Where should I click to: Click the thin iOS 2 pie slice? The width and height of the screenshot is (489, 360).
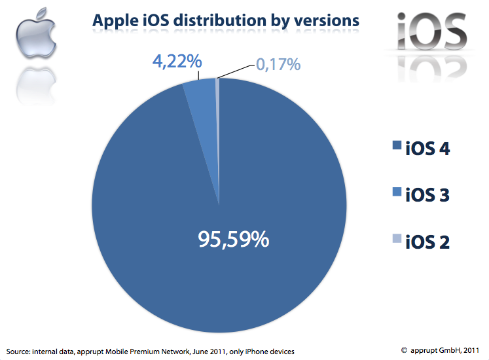pyautogui.click(x=217, y=98)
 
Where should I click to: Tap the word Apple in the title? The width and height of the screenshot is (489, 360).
pyautogui.click(x=115, y=21)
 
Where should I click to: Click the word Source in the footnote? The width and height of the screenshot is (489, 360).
pyautogui.click(x=20, y=351)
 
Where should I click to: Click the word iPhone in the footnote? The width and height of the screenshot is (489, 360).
pyautogui.click(x=253, y=351)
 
